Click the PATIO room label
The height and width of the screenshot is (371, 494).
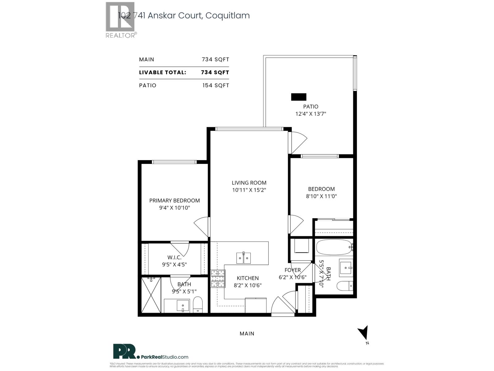point(311,106)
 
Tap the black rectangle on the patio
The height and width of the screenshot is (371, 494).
point(299,97)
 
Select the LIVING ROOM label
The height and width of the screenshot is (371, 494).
point(249,183)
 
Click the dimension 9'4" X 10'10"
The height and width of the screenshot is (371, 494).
point(174,208)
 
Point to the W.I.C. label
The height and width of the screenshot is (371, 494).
point(174,257)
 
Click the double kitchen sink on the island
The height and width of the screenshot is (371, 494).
point(244,258)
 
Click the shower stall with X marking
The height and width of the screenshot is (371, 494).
point(151,295)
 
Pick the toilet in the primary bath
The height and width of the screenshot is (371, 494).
point(198,304)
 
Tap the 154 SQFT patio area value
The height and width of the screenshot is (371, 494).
point(216,85)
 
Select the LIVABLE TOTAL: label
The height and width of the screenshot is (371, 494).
point(162,72)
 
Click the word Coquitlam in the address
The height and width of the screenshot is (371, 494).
point(227,15)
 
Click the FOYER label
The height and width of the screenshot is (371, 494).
point(292,270)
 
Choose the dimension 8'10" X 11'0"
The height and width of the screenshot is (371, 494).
point(321,196)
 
